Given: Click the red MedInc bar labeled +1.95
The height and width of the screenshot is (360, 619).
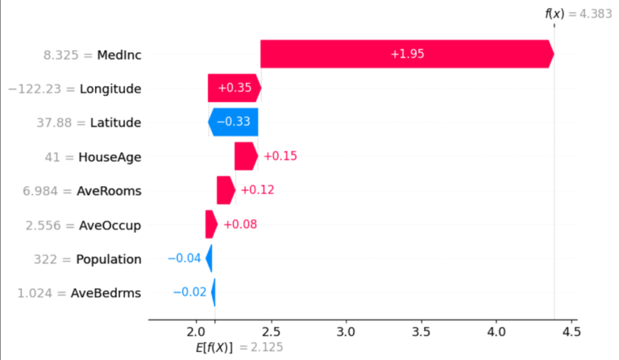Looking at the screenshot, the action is pos(407,54).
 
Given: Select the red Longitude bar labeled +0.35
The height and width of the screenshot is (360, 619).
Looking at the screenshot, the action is pos(235,88).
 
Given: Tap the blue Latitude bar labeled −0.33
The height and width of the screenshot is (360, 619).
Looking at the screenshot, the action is pos(233,122).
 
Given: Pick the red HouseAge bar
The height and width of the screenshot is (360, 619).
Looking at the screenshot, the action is pos(247,156).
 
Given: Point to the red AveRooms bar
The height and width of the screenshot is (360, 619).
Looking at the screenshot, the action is pos(226,190).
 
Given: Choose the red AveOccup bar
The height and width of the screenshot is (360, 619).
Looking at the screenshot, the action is pos(211,225).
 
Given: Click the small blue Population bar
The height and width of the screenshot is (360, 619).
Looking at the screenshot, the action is pos(210,259).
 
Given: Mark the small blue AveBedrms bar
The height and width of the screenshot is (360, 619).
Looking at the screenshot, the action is pos(214,292).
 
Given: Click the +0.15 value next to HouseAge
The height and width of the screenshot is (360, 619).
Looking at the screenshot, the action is pos(280,156).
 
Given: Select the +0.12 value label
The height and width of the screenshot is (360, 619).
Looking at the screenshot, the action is pos(257,190).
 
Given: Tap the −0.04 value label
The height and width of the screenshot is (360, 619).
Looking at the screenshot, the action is pos(185,259).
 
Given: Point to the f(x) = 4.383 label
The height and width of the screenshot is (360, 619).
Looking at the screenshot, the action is pos(579,14).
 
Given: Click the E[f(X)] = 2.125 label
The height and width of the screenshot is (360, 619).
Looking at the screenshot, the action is pos(239,347).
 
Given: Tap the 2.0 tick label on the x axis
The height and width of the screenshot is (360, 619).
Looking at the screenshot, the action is pos(196,332).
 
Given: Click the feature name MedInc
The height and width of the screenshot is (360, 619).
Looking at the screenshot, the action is pos(119,55).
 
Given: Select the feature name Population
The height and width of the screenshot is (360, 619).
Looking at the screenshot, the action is pos(109,259).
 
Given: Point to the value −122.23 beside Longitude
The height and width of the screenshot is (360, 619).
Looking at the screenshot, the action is pos(35,89).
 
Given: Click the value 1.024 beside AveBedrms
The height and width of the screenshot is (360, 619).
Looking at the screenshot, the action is pos(35,293).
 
